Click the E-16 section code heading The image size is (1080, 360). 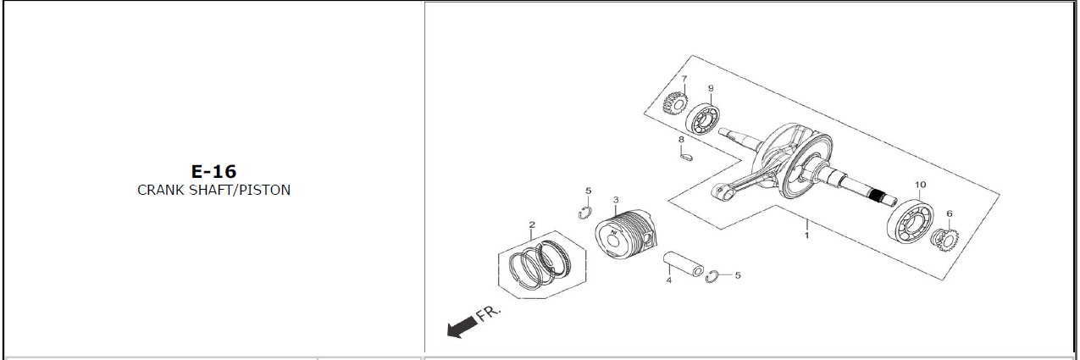[213, 172]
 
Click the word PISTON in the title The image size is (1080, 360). [265, 190]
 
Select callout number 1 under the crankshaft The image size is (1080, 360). [806, 235]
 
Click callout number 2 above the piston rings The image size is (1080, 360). [532, 224]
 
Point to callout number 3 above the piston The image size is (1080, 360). [616, 200]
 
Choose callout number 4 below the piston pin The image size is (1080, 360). [668, 280]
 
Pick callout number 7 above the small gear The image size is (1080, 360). [684, 79]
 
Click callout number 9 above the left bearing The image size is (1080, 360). [711, 88]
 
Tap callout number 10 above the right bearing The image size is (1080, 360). [920, 185]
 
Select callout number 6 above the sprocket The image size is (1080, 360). [950, 214]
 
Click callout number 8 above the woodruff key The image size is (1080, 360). [681, 140]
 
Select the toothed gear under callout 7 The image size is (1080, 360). [675, 104]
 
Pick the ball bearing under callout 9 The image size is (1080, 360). [703, 120]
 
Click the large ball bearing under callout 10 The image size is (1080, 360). [911, 221]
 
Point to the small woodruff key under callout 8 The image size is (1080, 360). [685, 156]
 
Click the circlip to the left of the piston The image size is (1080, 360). [584, 212]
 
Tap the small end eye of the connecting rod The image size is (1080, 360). [719, 191]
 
